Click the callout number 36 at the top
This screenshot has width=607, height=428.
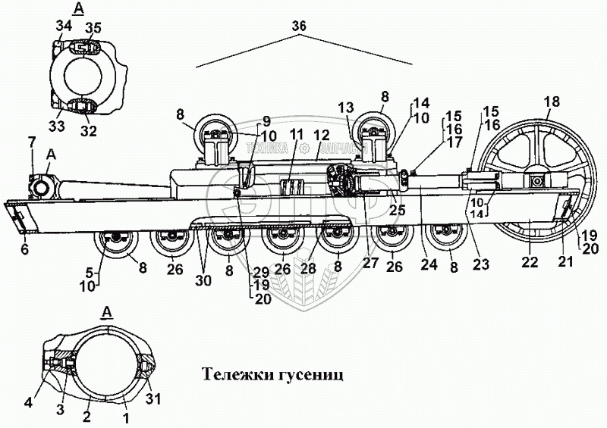(x=299, y=26)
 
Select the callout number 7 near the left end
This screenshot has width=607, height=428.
(x=31, y=142)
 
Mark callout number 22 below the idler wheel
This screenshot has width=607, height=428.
(x=529, y=263)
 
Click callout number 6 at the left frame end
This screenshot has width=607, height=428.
(x=24, y=249)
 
